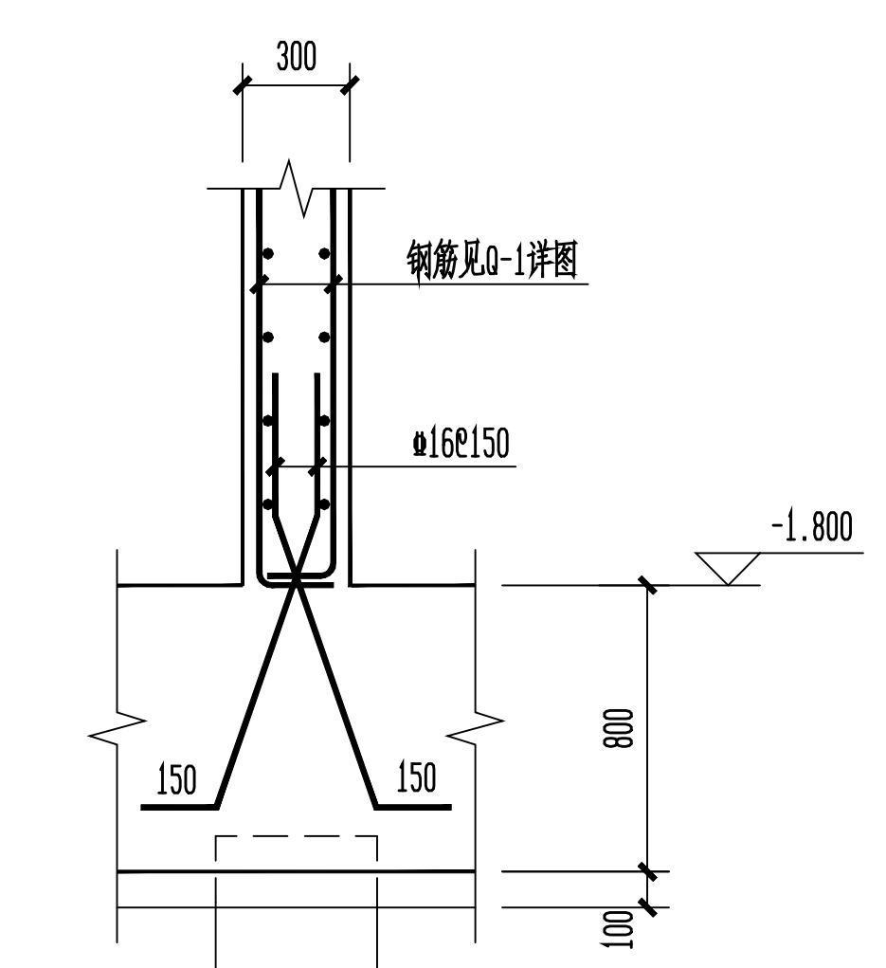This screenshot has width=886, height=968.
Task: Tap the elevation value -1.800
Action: (811, 528)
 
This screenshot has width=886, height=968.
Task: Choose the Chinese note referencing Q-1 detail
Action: (491, 261)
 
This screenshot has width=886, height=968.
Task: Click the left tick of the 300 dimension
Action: (244, 84)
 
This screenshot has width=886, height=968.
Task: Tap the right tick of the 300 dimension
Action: (350, 84)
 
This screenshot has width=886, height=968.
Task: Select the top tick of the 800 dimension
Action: (648, 585)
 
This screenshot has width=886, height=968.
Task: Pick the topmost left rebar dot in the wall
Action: (269, 253)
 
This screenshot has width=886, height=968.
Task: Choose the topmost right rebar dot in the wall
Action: (325, 253)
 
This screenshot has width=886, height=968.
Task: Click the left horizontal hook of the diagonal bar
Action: (179, 807)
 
